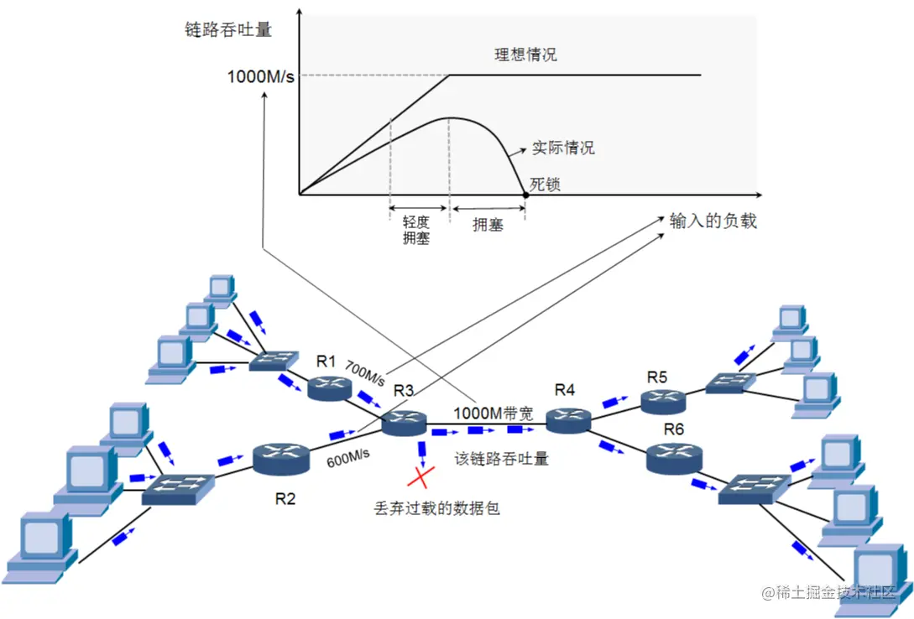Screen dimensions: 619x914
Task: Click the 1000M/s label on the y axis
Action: [x=260, y=77]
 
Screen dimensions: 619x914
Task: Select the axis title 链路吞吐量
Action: [x=228, y=29]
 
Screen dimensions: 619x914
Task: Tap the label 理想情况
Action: [x=525, y=55]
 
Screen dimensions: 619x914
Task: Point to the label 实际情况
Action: [x=563, y=148]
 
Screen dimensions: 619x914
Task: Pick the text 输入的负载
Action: [x=713, y=221]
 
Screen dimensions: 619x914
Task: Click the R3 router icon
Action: [x=405, y=424]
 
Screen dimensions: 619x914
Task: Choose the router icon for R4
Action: [x=568, y=419]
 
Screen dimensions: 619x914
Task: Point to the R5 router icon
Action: [x=663, y=401]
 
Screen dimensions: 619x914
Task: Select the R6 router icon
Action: [x=673, y=458]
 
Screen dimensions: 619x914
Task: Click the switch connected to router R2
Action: [x=177, y=486]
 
